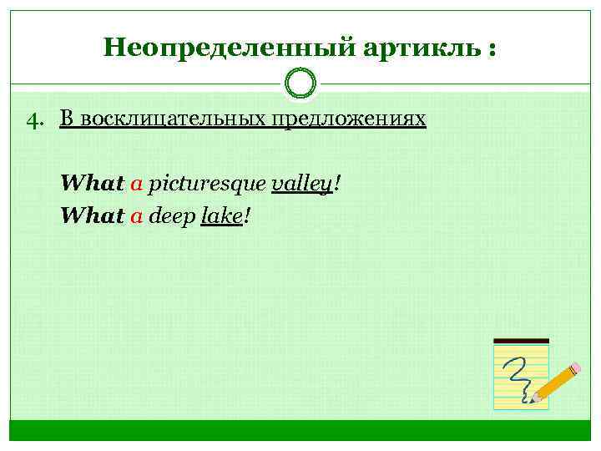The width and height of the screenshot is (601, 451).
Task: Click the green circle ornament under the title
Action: click(x=300, y=83)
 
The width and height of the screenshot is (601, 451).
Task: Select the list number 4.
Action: click(x=34, y=121)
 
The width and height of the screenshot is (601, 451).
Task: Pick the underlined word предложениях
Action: click(x=347, y=119)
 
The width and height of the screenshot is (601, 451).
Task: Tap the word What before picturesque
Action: click(x=92, y=183)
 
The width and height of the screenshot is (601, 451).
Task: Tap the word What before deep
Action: click(x=92, y=216)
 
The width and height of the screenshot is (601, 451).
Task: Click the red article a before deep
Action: click(x=137, y=217)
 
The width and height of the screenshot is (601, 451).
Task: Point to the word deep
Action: click(x=172, y=217)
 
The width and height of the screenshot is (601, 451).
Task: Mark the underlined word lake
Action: click(x=221, y=216)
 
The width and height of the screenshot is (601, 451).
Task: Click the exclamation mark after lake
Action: click(x=247, y=216)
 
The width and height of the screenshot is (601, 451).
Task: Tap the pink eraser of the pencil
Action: click(x=574, y=368)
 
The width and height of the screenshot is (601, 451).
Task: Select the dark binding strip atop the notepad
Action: click(x=522, y=341)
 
